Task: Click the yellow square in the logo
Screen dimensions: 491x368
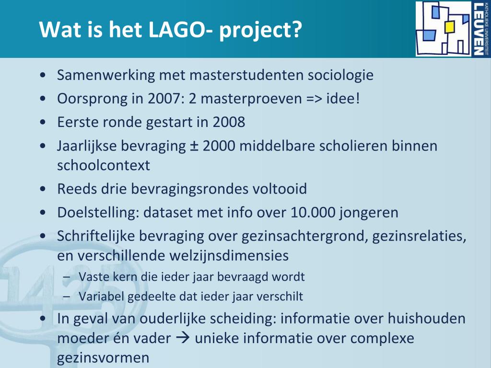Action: pos(449,27)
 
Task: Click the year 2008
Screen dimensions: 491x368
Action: pos(229,122)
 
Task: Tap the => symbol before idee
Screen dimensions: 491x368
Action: pos(315,99)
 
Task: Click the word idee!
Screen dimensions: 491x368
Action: pos(343,99)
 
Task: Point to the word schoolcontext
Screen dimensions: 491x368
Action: pos(104,165)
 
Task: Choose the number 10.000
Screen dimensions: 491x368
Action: pos(313,212)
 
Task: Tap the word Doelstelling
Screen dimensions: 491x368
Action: pos(98,212)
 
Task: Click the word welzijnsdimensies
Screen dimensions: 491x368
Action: pos(229,256)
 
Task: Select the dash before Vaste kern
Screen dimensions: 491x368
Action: pos(66,277)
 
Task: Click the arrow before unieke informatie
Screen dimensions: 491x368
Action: pos(183,338)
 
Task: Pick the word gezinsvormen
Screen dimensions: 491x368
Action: pos(103,358)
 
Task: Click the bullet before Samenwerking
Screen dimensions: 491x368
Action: pos(43,75)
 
